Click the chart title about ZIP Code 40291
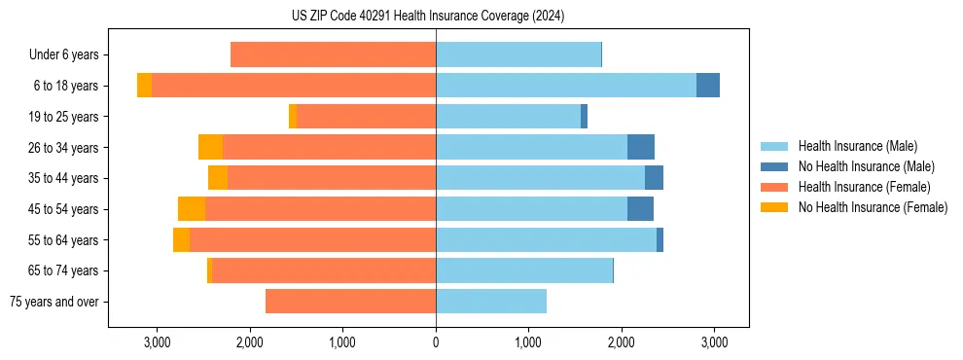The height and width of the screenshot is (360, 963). [427, 16]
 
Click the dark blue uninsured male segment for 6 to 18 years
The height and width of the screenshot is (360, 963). [708, 86]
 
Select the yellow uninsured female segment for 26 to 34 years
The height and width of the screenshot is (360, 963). [210, 147]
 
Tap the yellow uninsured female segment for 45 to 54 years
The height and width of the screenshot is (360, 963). [192, 209]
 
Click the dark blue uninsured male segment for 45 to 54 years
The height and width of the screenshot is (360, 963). [640, 209]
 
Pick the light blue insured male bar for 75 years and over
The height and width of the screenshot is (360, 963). [491, 302]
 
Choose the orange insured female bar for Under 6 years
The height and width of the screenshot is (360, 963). [333, 55]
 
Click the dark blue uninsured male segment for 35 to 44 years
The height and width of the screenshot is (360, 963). [654, 178]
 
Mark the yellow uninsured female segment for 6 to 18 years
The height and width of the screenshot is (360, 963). [144, 86]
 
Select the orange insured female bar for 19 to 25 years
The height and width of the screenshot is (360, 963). [366, 117]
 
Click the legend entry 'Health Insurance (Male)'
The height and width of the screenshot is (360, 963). [857, 146]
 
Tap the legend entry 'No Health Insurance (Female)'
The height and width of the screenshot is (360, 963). [873, 207]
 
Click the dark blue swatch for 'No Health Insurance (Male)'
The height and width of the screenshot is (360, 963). [774, 166]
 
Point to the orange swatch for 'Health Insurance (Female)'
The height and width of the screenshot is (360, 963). [774, 187]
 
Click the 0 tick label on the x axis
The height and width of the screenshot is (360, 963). [436, 342]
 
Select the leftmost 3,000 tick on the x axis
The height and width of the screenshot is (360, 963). [157, 342]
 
